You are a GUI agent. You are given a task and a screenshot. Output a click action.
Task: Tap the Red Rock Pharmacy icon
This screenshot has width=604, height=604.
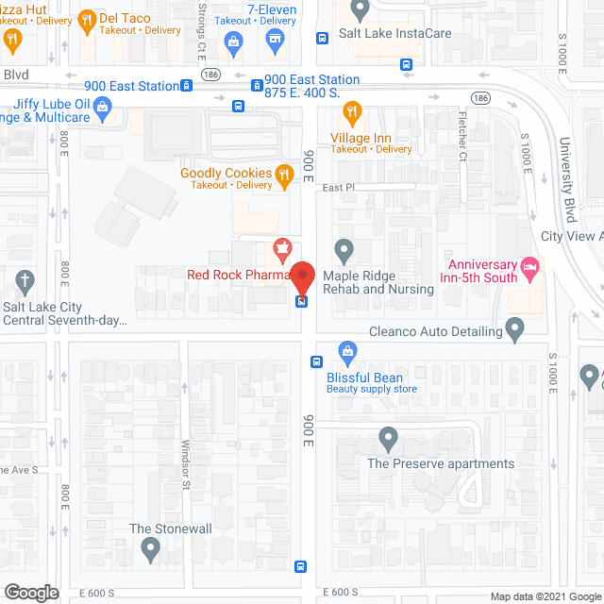[x=280, y=252]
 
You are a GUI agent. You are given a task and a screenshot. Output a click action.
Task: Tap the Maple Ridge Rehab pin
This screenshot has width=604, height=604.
[x=344, y=251]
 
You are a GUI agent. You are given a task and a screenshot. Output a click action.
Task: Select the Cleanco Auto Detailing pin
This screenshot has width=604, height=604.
[x=514, y=330]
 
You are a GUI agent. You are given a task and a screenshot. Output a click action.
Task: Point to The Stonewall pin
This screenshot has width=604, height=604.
[x=150, y=548]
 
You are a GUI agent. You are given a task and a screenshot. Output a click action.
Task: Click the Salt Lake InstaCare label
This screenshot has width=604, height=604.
[x=395, y=33]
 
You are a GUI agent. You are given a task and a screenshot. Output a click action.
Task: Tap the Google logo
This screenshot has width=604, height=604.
[x=30, y=593]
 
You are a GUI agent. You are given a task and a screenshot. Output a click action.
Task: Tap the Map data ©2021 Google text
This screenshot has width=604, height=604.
[x=544, y=596]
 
